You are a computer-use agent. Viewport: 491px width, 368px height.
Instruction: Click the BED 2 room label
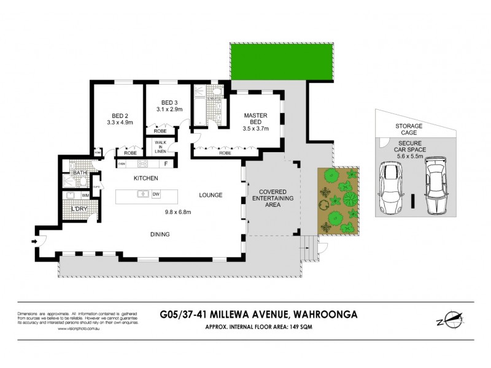[x=119, y=115]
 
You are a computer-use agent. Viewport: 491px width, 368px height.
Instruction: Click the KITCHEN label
[x=146, y=178]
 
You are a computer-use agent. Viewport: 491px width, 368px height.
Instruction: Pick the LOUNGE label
[x=210, y=195]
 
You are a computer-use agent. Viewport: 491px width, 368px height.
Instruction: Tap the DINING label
[x=160, y=234]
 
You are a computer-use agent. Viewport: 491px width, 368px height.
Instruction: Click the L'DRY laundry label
[x=79, y=210]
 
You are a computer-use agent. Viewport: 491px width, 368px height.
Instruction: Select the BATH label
[x=80, y=174]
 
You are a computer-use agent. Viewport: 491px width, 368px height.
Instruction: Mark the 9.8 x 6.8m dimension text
[x=178, y=212]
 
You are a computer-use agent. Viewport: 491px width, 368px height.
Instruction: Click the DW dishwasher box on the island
[x=156, y=194]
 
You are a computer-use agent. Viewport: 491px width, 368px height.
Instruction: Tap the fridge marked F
[x=166, y=163]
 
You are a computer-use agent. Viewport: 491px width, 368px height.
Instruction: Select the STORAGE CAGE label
[x=405, y=129]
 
